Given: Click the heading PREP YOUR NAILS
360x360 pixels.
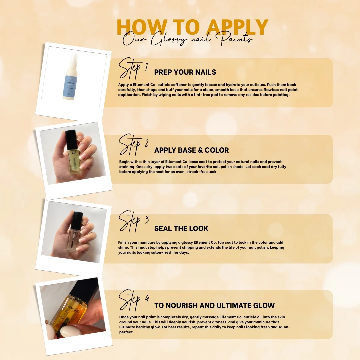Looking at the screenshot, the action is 185,72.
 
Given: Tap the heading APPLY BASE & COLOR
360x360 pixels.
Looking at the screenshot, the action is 191,150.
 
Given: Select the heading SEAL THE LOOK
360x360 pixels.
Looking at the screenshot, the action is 181,228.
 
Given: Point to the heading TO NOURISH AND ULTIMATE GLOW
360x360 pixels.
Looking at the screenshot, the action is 214,305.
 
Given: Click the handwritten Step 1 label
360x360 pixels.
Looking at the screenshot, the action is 133,68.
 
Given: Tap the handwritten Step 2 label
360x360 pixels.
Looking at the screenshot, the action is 133,145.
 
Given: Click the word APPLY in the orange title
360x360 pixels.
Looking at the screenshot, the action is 237,27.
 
